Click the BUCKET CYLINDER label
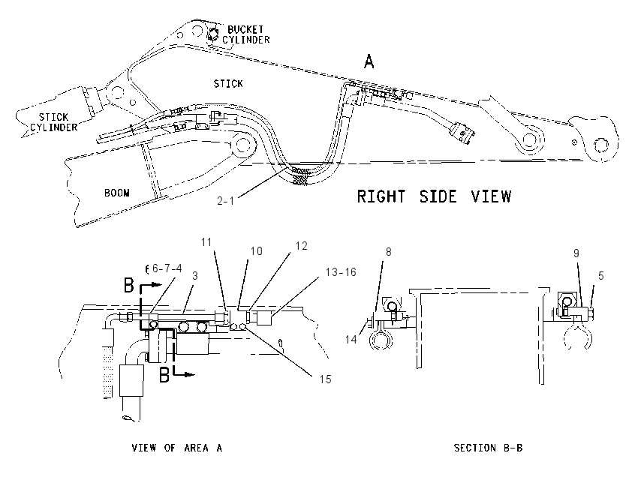pos(245,34)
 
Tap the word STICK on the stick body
pos(228,84)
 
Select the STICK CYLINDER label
pos(54,122)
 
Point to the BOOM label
pos(117,193)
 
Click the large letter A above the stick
pos(369,61)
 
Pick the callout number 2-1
pos(226,201)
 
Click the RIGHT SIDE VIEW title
pos(434,196)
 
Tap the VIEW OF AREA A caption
pos(177,448)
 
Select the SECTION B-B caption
pos(489,448)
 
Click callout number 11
pos(206,242)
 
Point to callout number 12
pos(301,246)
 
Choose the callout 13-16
pos(341,272)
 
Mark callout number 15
pos(325,379)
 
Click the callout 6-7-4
pos(167,268)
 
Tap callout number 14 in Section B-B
pos(351,339)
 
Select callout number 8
pos(388,252)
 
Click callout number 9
pos(576,253)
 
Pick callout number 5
pos(601,276)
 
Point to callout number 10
pos(257,251)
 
